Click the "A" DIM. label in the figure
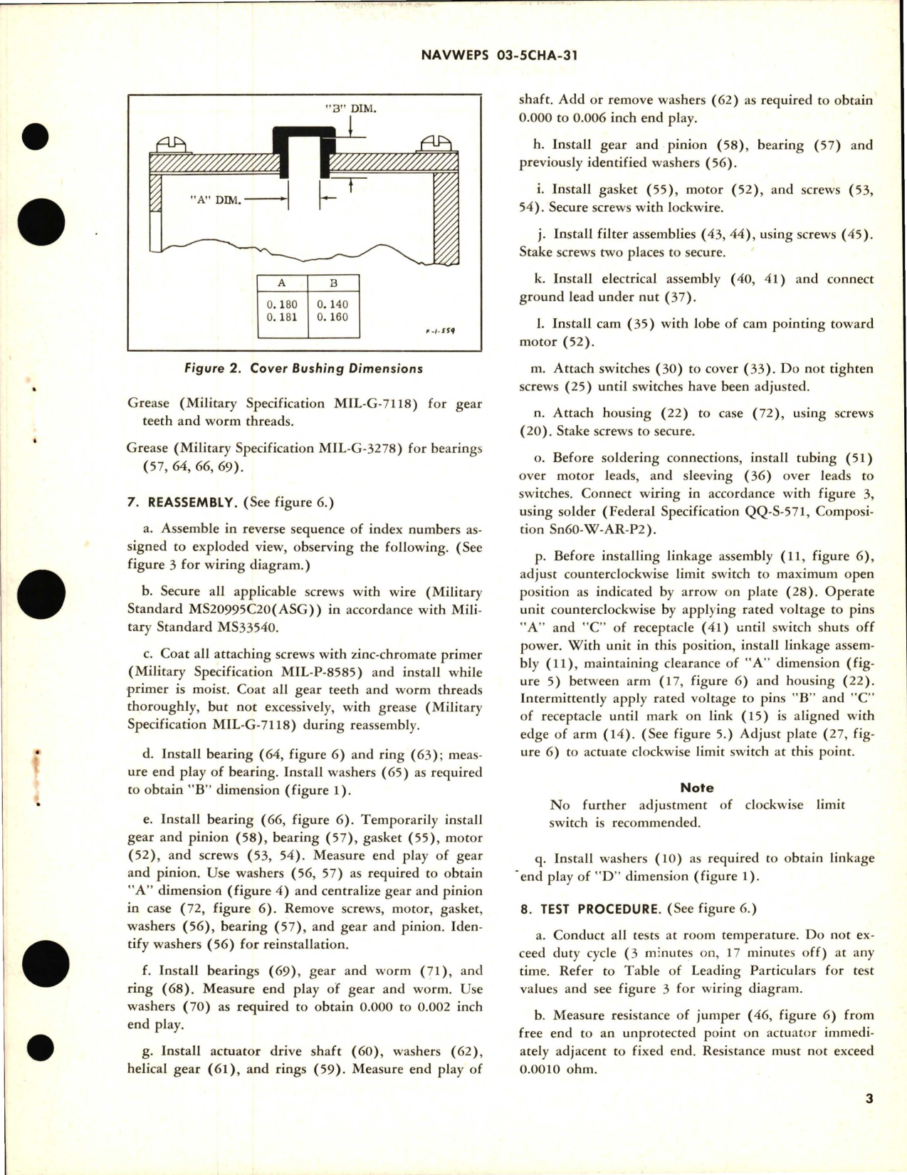click(216, 200)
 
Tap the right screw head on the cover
click(436, 144)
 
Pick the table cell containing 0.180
click(282, 304)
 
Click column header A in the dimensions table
click(282, 283)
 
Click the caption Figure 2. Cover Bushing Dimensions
click(303, 369)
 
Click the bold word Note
click(696, 788)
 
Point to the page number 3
click(869, 1119)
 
